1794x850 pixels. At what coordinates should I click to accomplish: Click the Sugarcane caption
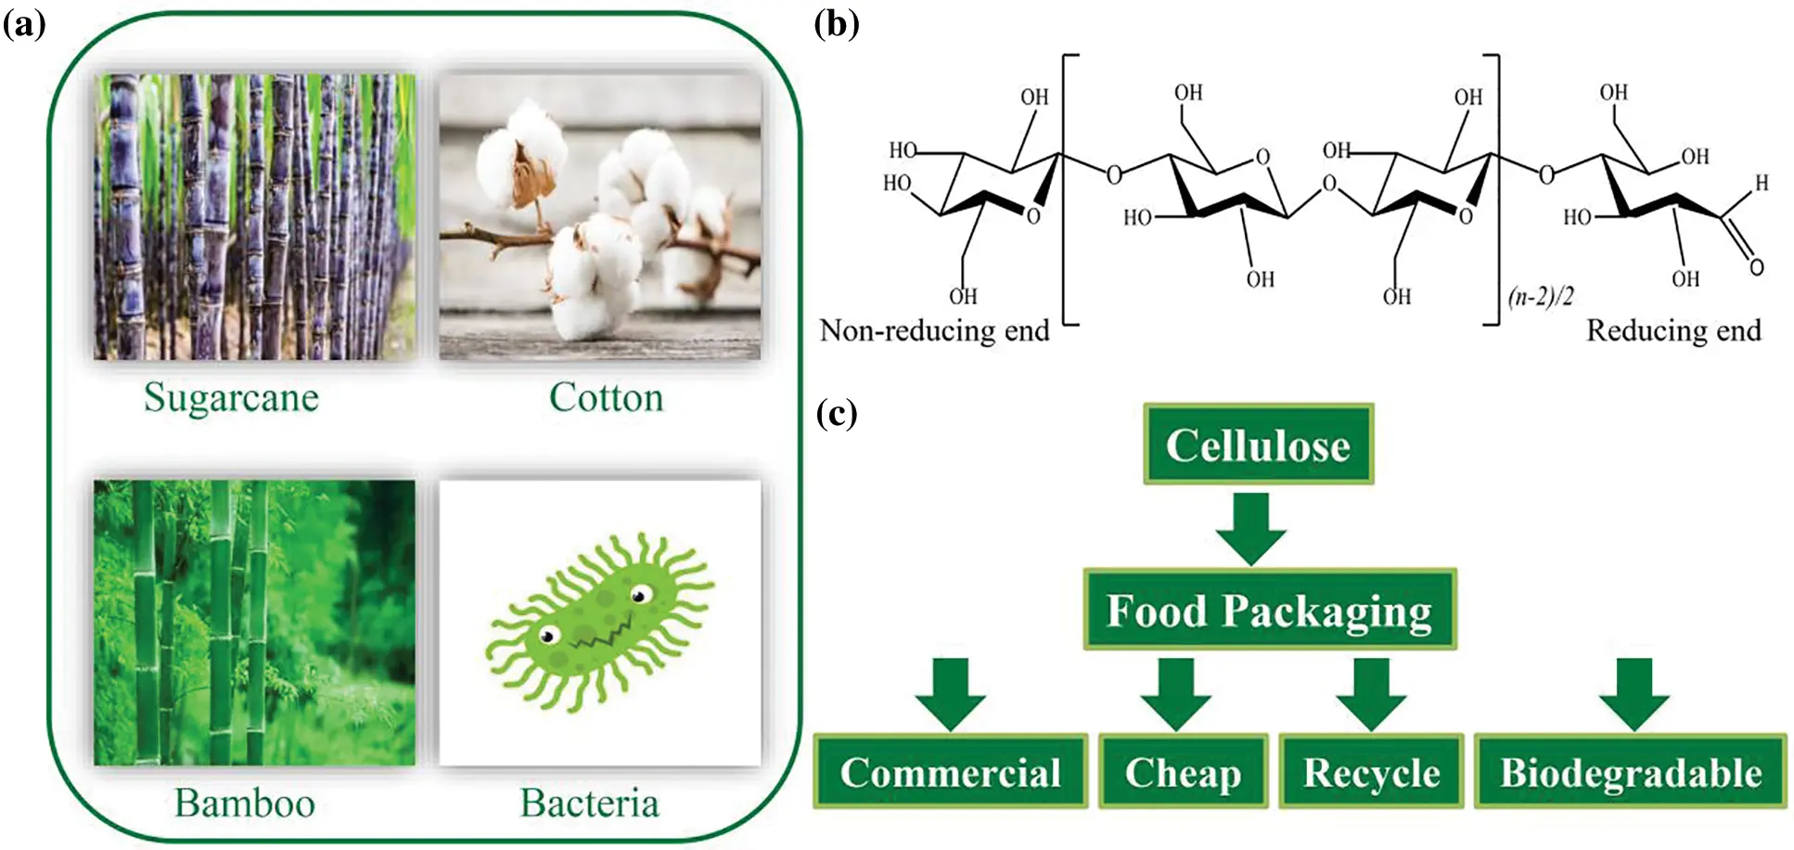231,398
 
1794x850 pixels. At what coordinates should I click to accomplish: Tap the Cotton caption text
606,398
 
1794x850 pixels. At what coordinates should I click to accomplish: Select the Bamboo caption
245,804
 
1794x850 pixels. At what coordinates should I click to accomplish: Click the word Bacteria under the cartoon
589,804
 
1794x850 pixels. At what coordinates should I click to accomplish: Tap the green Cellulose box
1257,444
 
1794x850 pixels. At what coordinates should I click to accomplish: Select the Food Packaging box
1269,611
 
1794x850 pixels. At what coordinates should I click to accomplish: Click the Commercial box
950,772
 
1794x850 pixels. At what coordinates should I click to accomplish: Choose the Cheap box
1183,772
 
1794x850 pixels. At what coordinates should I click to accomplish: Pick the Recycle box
1371,772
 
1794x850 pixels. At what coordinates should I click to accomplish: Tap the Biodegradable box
1630,772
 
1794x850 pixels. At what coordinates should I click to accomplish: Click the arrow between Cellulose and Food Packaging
1250,528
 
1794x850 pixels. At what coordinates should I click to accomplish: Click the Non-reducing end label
934,331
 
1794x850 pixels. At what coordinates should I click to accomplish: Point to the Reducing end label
1673,331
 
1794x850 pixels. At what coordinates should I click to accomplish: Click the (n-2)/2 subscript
1541,297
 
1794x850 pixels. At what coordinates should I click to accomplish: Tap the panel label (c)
837,413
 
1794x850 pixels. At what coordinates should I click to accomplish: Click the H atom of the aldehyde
1761,184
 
